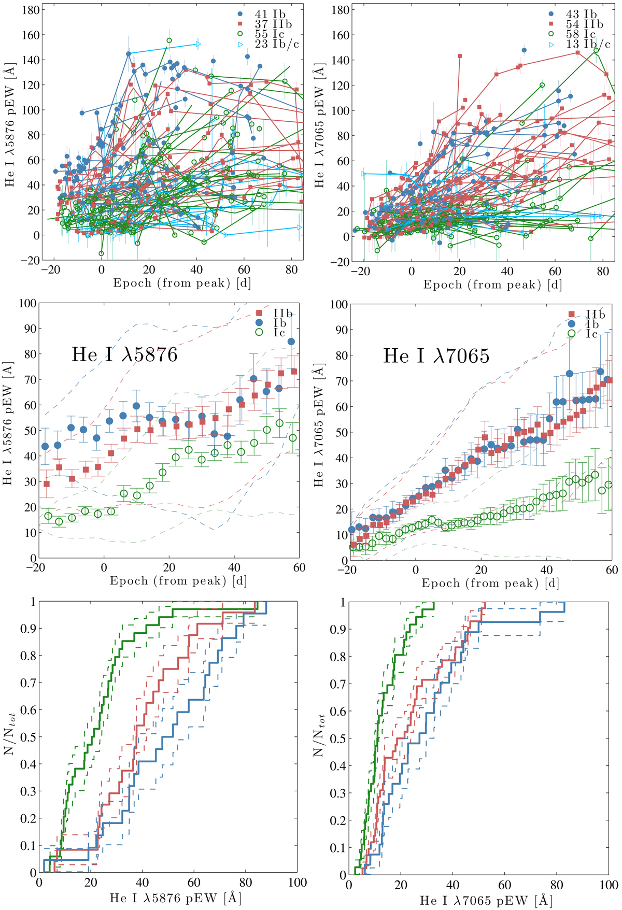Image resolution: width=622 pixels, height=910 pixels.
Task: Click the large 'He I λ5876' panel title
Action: click(124, 354)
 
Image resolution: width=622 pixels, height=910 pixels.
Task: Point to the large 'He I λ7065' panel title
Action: click(436, 356)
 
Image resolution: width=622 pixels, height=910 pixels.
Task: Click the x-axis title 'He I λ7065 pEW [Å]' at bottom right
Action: click(480, 900)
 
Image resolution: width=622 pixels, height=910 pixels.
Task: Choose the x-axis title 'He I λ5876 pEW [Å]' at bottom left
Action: click(169, 898)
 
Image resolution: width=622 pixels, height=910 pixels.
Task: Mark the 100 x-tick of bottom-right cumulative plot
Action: click(609, 885)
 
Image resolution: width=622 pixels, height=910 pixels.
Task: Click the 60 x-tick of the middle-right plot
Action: click(612, 570)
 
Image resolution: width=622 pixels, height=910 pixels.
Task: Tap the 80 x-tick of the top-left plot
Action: click(291, 270)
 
